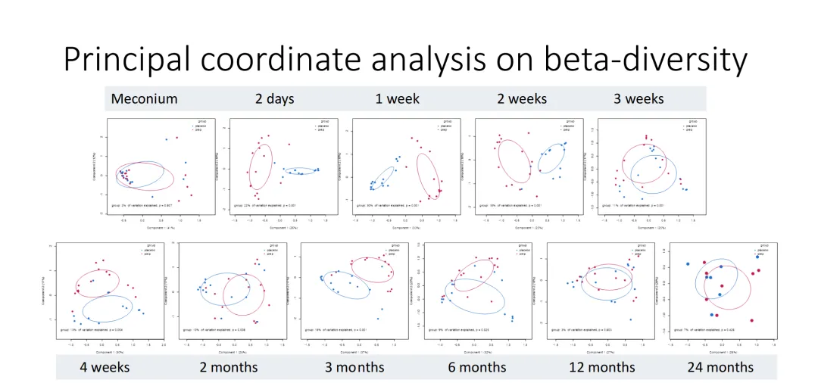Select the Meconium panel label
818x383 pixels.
[144, 99]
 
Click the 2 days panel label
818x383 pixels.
[275, 99]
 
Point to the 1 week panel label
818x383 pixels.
[397, 99]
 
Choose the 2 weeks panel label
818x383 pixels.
[522, 99]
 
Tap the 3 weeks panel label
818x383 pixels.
[638, 99]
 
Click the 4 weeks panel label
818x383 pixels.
[105, 367]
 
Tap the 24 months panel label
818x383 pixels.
[720, 367]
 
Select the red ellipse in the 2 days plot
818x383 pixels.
[261, 167]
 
